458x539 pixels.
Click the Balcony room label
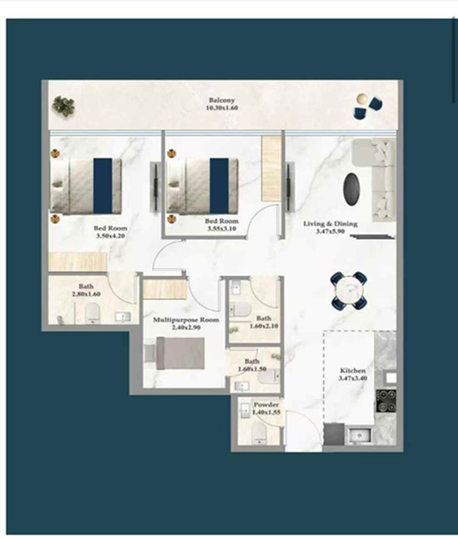(222, 100)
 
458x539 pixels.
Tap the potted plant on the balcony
(63, 106)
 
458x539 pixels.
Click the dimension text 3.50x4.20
(110, 236)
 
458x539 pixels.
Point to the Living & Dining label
(331, 223)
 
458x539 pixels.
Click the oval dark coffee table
(351, 189)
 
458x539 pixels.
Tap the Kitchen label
(352, 370)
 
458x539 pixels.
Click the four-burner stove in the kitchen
(386, 401)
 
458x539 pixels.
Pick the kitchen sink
(360, 436)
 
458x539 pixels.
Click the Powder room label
(266, 405)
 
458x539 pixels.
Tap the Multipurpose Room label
(186, 320)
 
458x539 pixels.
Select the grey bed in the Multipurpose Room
(175, 353)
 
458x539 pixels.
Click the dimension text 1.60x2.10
(263, 326)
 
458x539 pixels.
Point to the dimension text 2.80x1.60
(86, 294)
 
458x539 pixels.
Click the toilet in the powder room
(260, 432)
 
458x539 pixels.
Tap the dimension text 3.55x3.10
(222, 228)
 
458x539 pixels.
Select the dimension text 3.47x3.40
(352, 377)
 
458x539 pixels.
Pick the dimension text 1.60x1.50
(251, 369)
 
